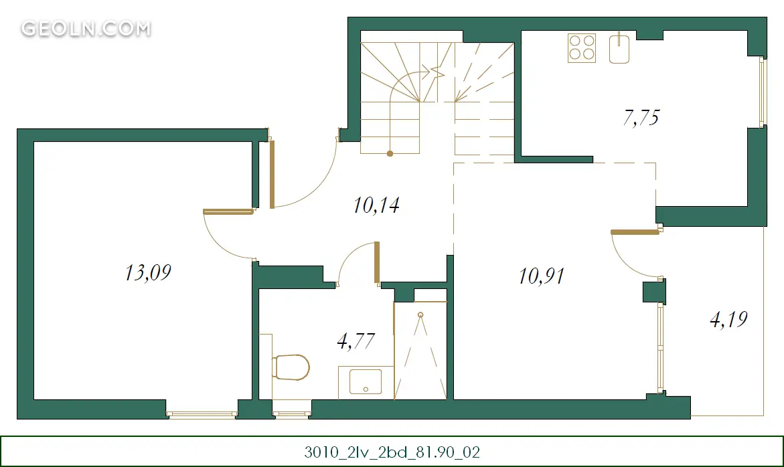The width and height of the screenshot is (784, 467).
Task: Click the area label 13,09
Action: pos(148,273)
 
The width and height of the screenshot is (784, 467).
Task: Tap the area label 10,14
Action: pos(376,205)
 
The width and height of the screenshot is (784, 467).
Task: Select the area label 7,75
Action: pos(641,118)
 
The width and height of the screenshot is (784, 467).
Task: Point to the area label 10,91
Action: pos(542,276)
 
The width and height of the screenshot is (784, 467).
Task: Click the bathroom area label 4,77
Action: pos(356,341)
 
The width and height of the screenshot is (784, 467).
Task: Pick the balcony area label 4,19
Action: pos(728,319)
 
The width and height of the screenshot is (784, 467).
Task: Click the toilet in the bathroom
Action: pos(291,367)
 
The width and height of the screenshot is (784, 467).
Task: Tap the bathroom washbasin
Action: pos(366,382)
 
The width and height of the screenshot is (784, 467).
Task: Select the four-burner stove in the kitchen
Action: pos(582,48)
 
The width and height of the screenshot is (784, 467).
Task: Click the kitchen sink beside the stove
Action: pos(619,48)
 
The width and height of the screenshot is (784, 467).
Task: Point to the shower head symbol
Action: pos(420,315)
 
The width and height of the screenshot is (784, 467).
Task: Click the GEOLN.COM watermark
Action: pos(86,29)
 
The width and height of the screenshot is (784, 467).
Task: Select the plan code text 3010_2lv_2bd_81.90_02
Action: pos(392,452)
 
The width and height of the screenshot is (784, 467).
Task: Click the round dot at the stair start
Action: pos(390,154)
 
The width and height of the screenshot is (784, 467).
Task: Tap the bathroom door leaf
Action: pos(377,263)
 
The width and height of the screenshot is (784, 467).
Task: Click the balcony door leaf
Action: pos(635,232)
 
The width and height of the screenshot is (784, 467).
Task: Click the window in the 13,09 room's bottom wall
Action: pos(202,414)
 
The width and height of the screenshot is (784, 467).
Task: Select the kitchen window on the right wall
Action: pos(762,92)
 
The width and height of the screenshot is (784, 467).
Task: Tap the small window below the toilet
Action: pos(292,414)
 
